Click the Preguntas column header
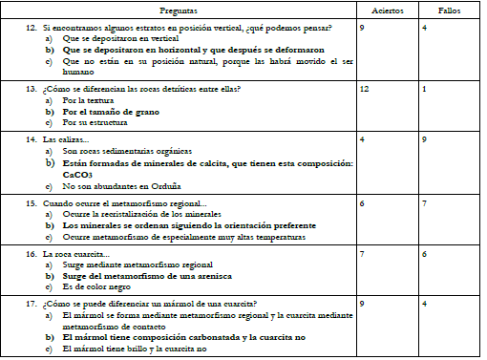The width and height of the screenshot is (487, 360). pyautogui.click(x=181, y=11)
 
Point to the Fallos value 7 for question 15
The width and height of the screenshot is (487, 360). pyautogui.click(x=424, y=203)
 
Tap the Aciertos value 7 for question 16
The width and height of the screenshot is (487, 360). pyautogui.click(x=362, y=255)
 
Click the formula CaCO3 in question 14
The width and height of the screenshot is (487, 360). pyautogui.click(x=78, y=176)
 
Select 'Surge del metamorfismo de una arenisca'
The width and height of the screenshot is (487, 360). pyautogui.click(x=146, y=274)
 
